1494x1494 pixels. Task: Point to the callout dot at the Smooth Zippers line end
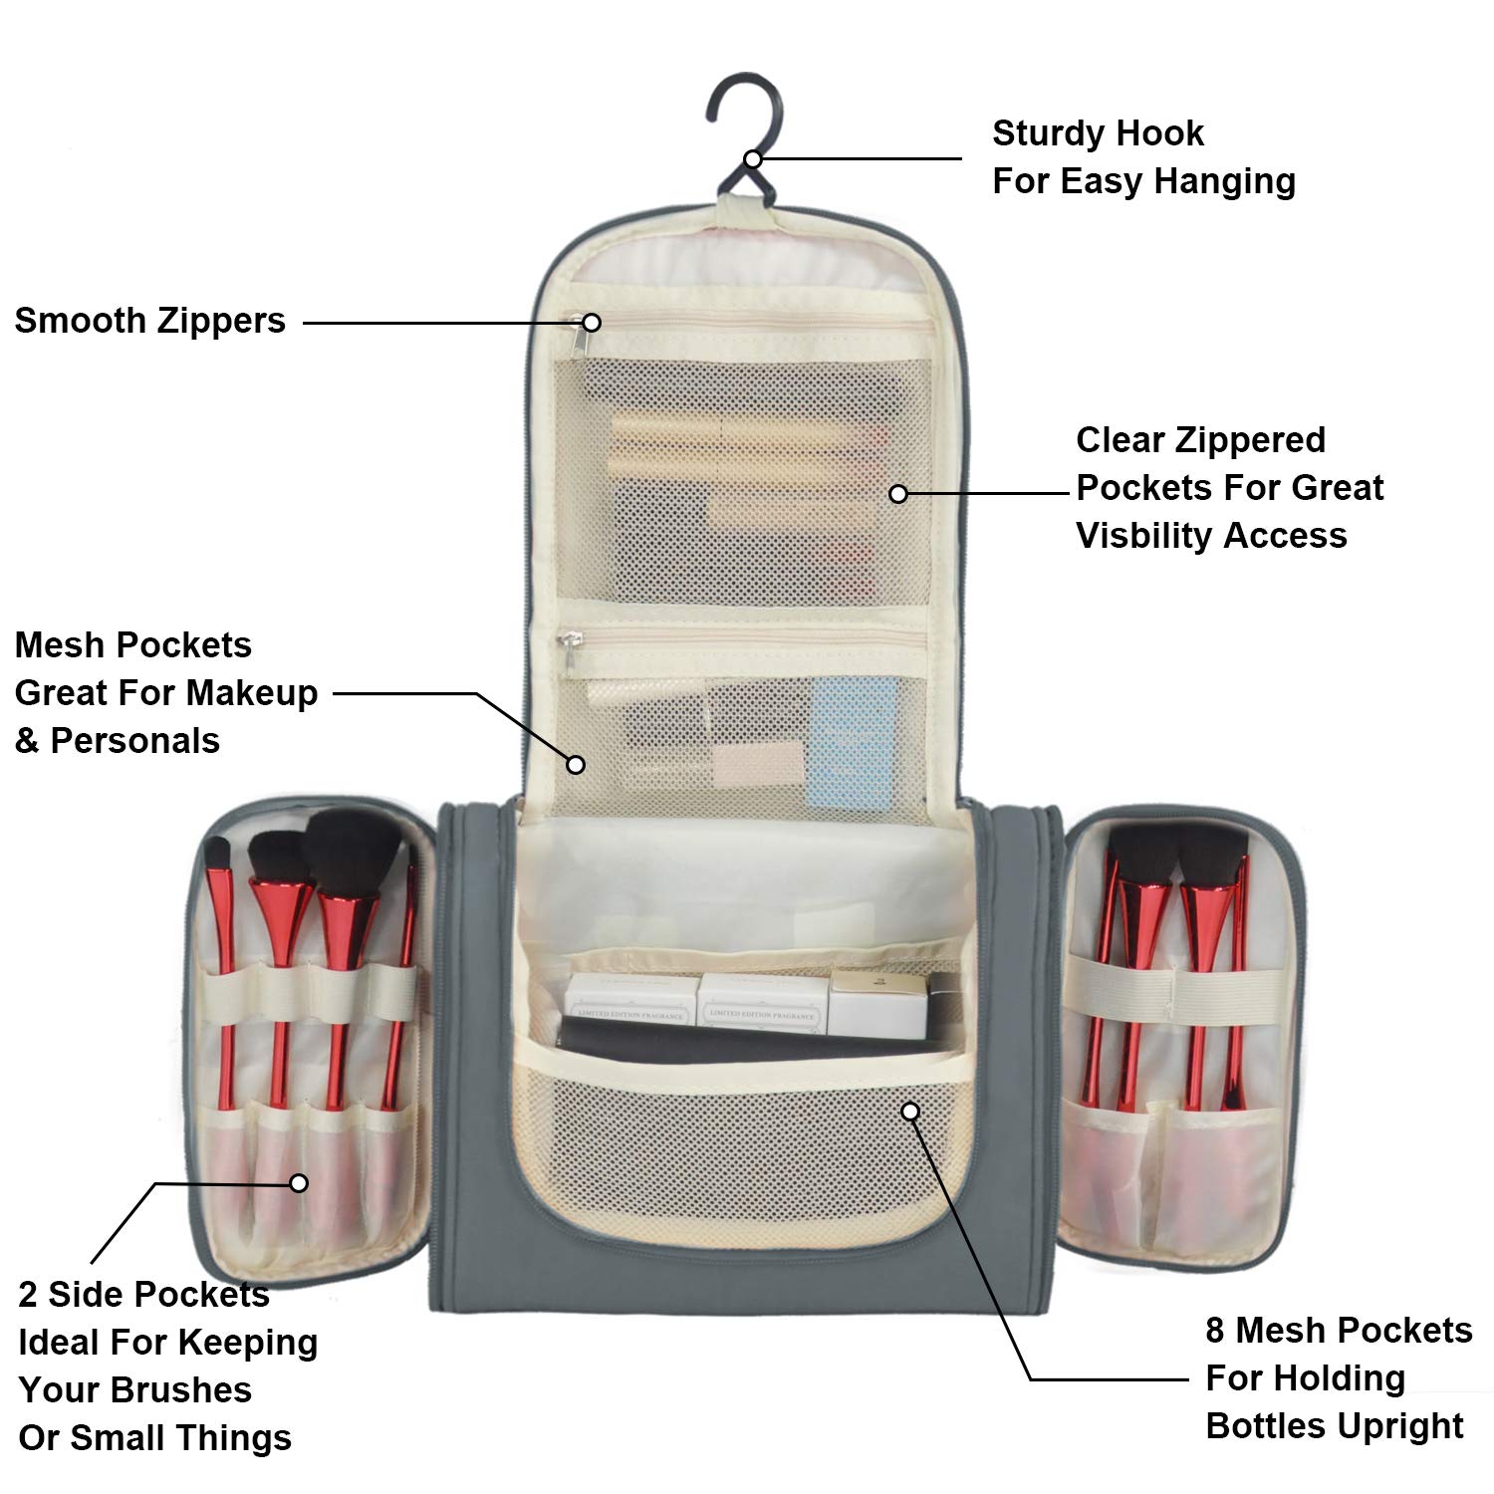click(592, 323)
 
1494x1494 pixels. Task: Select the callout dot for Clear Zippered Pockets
click(898, 493)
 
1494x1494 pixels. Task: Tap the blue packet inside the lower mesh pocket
click(852, 742)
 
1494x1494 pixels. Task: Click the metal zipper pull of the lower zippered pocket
click(569, 640)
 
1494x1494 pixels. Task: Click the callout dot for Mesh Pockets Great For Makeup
click(576, 764)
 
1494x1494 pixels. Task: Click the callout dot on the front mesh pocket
click(910, 1112)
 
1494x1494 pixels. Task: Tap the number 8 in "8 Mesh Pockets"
click(1215, 1331)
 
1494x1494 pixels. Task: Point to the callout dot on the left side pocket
click(299, 1183)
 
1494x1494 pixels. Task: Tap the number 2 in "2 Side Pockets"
click(28, 1295)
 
